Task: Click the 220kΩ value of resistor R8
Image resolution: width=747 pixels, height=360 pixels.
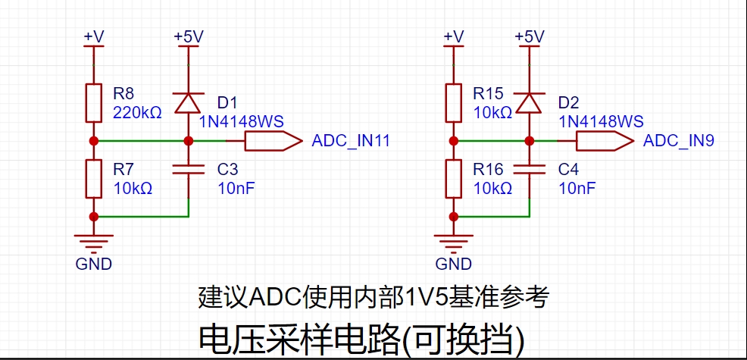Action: pyautogui.click(x=137, y=112)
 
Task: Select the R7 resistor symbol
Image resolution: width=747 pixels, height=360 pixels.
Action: pyautogui.click(x=94, y=179)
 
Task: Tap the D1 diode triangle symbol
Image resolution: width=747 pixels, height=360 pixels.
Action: pyautogui.click(x=189, y=102)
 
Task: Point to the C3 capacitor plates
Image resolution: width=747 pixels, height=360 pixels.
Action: pyautogui.click(x=189, y=169)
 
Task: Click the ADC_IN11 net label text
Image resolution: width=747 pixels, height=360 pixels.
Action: pyautogui.click(x=351, y=141)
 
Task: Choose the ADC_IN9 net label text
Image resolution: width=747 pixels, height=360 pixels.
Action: pyautogui.click(x=679, y=141)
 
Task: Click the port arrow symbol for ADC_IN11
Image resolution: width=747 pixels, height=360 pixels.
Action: pyautogui.click(x=273, y=141)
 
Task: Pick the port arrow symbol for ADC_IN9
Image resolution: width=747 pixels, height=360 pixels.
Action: pyautogui.click(x=605, y=141)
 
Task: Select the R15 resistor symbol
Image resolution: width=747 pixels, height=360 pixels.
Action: pyautogui.click(x=454, y=102)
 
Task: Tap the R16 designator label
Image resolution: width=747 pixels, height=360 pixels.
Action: pyautogui.click(x=489, y=169)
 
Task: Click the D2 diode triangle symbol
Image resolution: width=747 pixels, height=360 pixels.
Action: pyautogui.click(x=530, y=102)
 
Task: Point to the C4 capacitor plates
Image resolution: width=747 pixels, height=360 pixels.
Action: pyautogui.click(x=530, y=169)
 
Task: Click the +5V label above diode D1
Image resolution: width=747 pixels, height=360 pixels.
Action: pyautogui.click(x=189, y=36)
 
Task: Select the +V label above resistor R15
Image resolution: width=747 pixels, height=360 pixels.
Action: pyautogui.click(x=454, y=36)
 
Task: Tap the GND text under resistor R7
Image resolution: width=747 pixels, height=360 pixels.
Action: pyautogui.click(x=94, y=264)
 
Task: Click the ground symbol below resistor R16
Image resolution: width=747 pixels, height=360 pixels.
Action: pyautogui.click(x=454, y=243)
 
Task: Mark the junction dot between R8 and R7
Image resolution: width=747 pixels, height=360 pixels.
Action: pyautogui.click(x=94, y=141)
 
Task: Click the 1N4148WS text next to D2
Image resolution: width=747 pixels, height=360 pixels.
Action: pyautogui.click(x=601, y=121)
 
